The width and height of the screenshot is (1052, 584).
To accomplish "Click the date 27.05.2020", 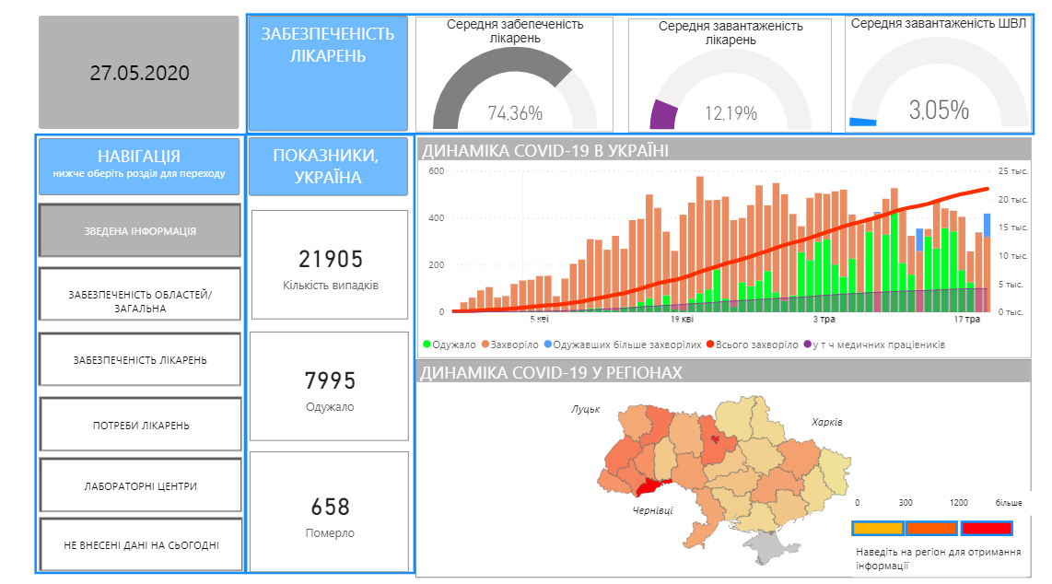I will [139, 73].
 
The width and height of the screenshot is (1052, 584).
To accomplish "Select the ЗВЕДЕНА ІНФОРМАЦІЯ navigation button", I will [140, 230].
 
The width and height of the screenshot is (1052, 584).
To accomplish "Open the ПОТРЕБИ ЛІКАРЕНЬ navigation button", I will [140, 426].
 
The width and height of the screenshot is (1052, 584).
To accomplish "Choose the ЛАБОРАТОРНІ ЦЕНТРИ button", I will [140, 485].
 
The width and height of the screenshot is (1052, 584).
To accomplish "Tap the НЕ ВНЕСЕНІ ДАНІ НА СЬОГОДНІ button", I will [140, 544].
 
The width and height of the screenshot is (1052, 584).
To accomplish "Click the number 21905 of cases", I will [330, 260].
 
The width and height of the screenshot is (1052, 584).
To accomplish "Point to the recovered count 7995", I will [330, 381].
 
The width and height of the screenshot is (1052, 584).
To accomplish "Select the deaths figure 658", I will [330, 507].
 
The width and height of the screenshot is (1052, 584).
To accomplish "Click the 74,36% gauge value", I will [515, 113].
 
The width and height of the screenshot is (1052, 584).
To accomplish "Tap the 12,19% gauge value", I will [731, 113].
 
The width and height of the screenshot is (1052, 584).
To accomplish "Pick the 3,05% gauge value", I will [939, 111].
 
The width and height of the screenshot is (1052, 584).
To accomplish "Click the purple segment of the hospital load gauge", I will [664, 115].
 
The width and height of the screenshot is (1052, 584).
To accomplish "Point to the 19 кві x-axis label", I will [682, 320].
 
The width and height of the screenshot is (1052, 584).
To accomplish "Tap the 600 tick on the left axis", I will [436, 171].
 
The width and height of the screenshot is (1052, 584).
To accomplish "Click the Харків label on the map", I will [827, 422].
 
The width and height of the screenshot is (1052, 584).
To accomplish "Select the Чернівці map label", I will [652, 510].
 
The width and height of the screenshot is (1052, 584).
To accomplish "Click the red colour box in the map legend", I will [986, 529].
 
